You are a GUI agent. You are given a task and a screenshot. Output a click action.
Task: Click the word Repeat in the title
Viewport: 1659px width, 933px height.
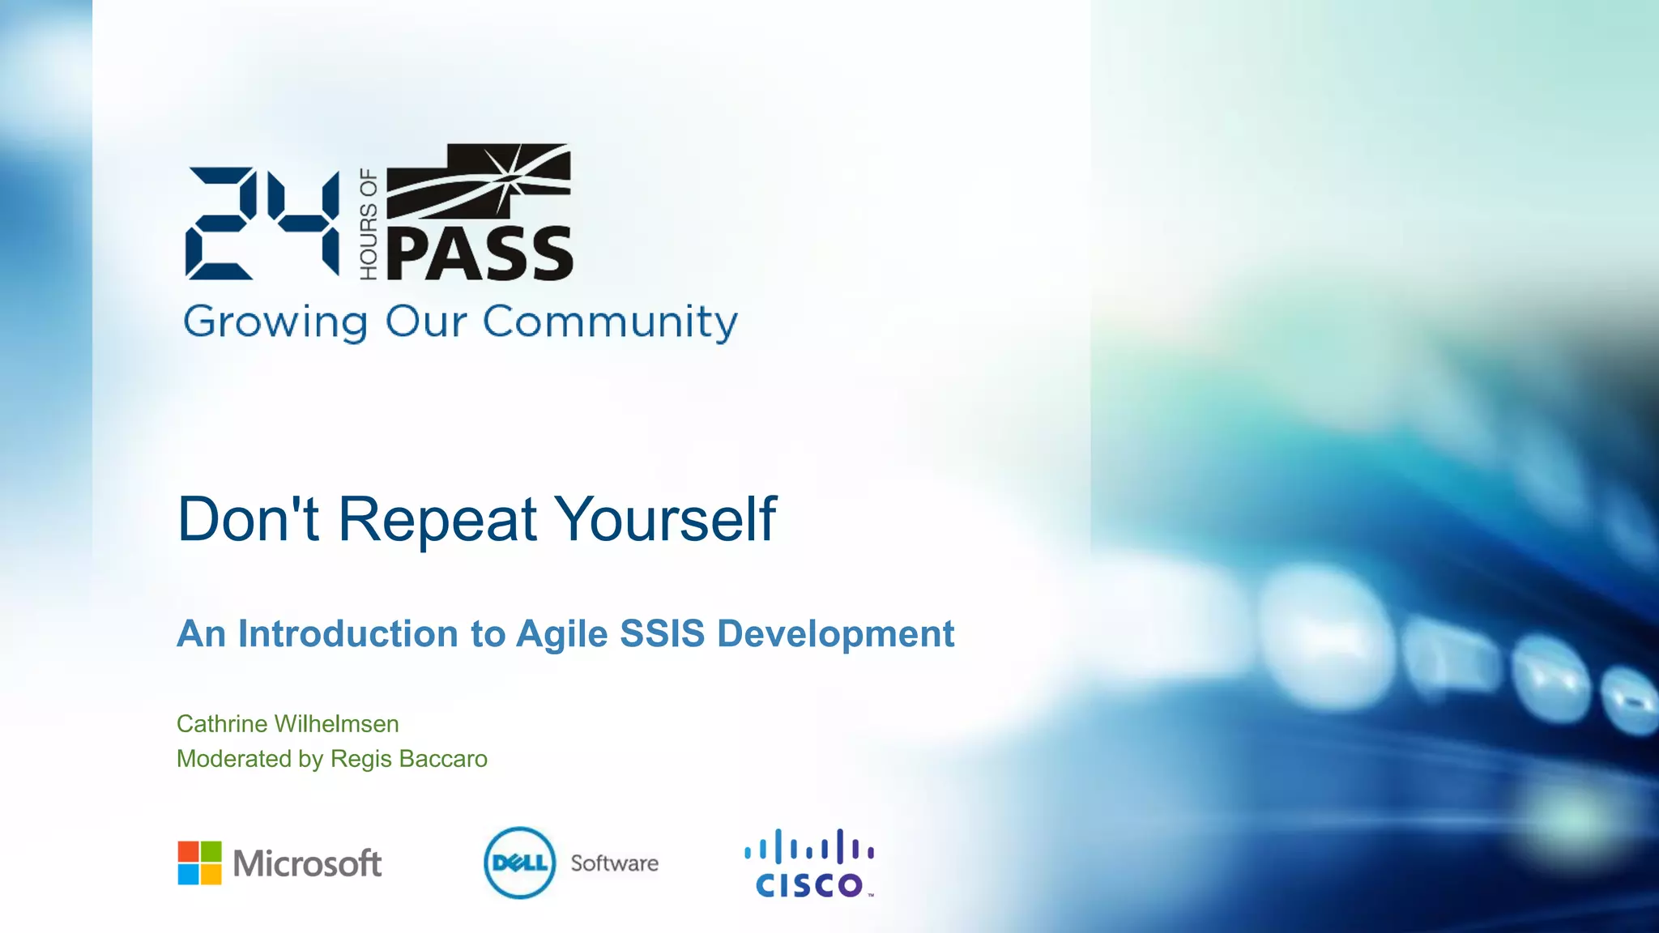pos(437,519)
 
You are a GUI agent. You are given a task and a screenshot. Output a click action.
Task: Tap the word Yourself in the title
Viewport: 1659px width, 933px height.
pos(666,519)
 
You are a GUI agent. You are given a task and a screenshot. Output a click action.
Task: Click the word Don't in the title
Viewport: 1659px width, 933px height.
pos(248,519)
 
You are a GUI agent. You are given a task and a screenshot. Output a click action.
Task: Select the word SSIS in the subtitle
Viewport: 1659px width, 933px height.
pos(662,634)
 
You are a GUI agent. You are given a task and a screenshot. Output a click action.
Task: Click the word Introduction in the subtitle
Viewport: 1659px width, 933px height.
pos(348,634)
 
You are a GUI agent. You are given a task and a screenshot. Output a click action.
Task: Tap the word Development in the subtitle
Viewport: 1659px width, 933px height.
pos(835,634)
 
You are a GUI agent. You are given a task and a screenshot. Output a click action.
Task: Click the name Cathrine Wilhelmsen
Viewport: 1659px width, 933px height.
pos(288,724)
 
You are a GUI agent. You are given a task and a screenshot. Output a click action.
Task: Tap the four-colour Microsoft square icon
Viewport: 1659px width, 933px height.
pos(199,863)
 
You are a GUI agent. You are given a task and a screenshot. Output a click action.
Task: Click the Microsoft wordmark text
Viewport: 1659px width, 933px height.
pos(307,863)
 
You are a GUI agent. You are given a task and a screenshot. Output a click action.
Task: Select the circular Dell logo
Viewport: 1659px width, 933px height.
pos(520,863)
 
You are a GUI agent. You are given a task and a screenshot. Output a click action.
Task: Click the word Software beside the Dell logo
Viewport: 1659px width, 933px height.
pos(614,863)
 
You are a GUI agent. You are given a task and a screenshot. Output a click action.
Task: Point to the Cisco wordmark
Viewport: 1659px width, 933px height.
pos(809,884)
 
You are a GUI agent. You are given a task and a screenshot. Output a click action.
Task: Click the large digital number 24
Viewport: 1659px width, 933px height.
pos(262,224)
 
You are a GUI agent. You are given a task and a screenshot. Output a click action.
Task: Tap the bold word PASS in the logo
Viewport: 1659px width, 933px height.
pos(480,255)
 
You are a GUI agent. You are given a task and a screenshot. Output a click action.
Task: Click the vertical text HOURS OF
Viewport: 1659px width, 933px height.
pos(369,224)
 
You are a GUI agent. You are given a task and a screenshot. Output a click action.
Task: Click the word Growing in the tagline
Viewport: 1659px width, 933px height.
pos(275,322)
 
